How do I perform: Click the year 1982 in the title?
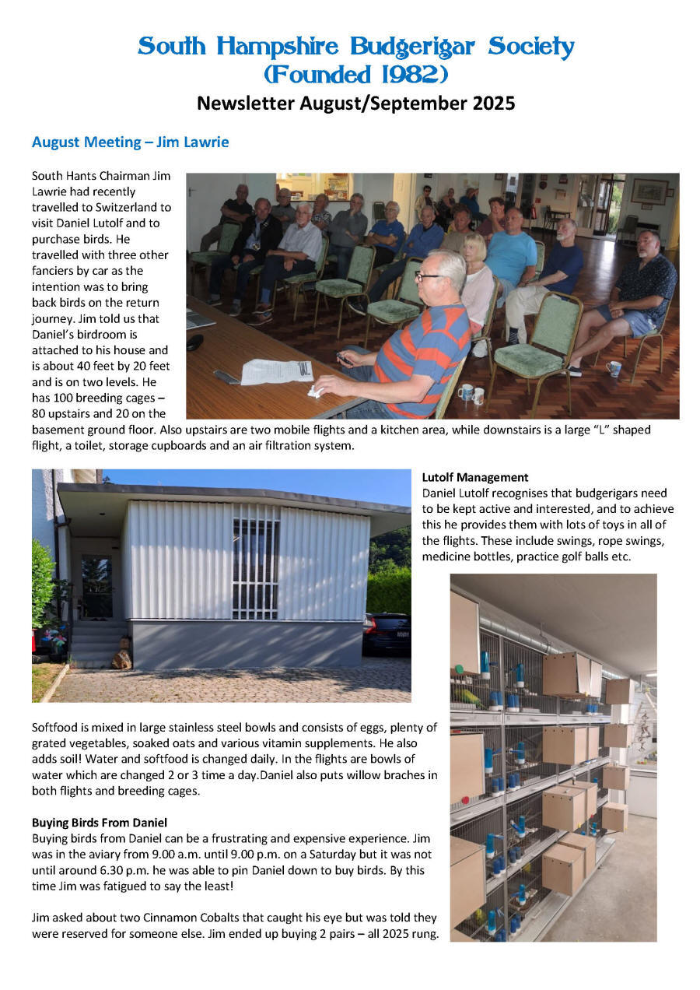(409, 75)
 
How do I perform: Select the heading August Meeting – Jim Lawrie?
(130, 142)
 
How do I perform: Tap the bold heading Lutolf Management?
(475, 477)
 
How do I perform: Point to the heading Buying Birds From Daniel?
(100, 822)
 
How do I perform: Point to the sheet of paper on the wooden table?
(276, 371)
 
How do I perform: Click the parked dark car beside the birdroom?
(387, 632)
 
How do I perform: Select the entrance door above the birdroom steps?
(96, 583)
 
